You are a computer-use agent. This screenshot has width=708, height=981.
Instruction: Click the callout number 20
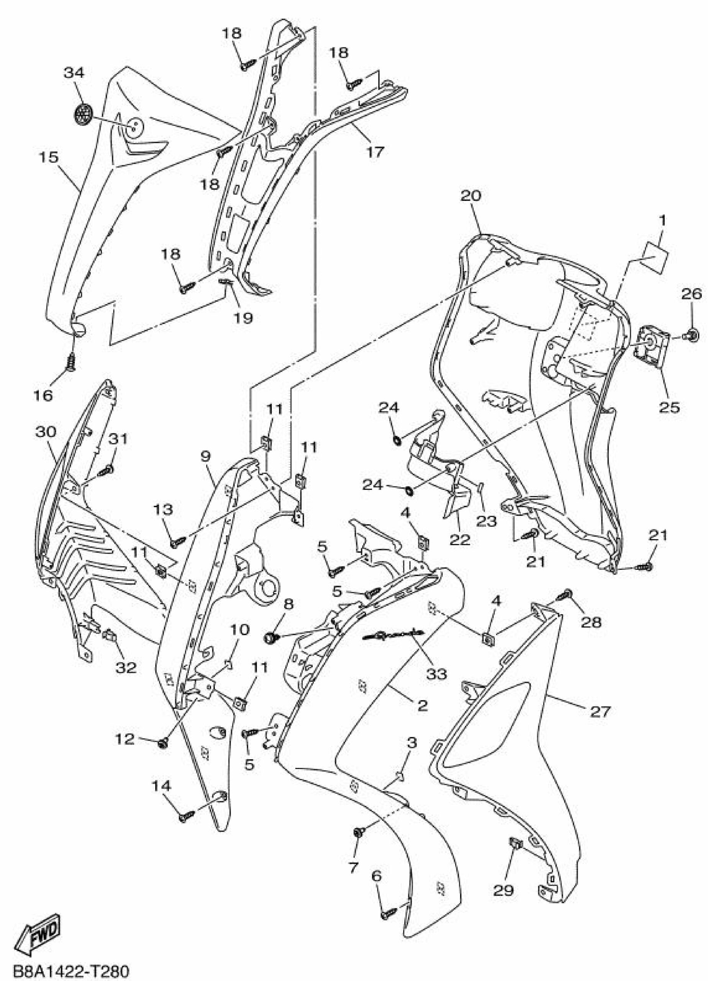[x=470, y=195]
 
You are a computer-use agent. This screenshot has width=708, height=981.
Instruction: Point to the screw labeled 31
[x=107, y=470]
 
